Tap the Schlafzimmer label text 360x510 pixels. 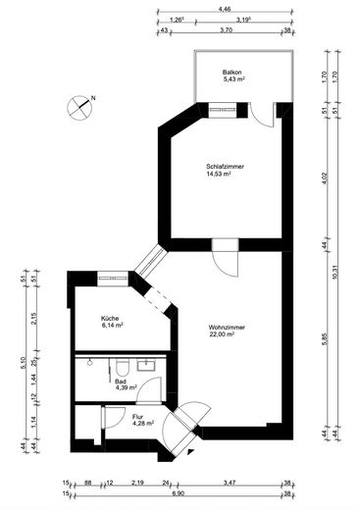tap(225, 167)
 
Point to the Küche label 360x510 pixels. tap(110, 319)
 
